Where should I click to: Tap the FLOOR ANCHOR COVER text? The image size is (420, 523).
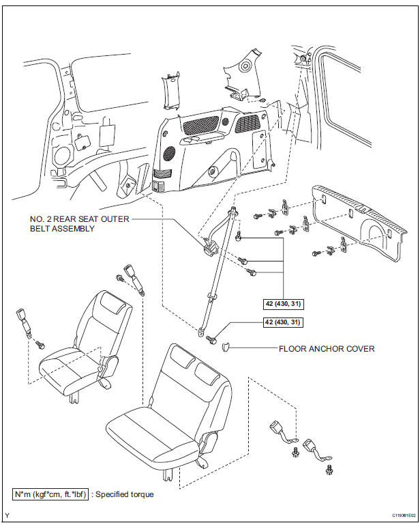click(326, 348)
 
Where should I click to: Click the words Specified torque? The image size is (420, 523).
click(124, 494)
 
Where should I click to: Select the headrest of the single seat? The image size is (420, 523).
click(114, 304)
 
